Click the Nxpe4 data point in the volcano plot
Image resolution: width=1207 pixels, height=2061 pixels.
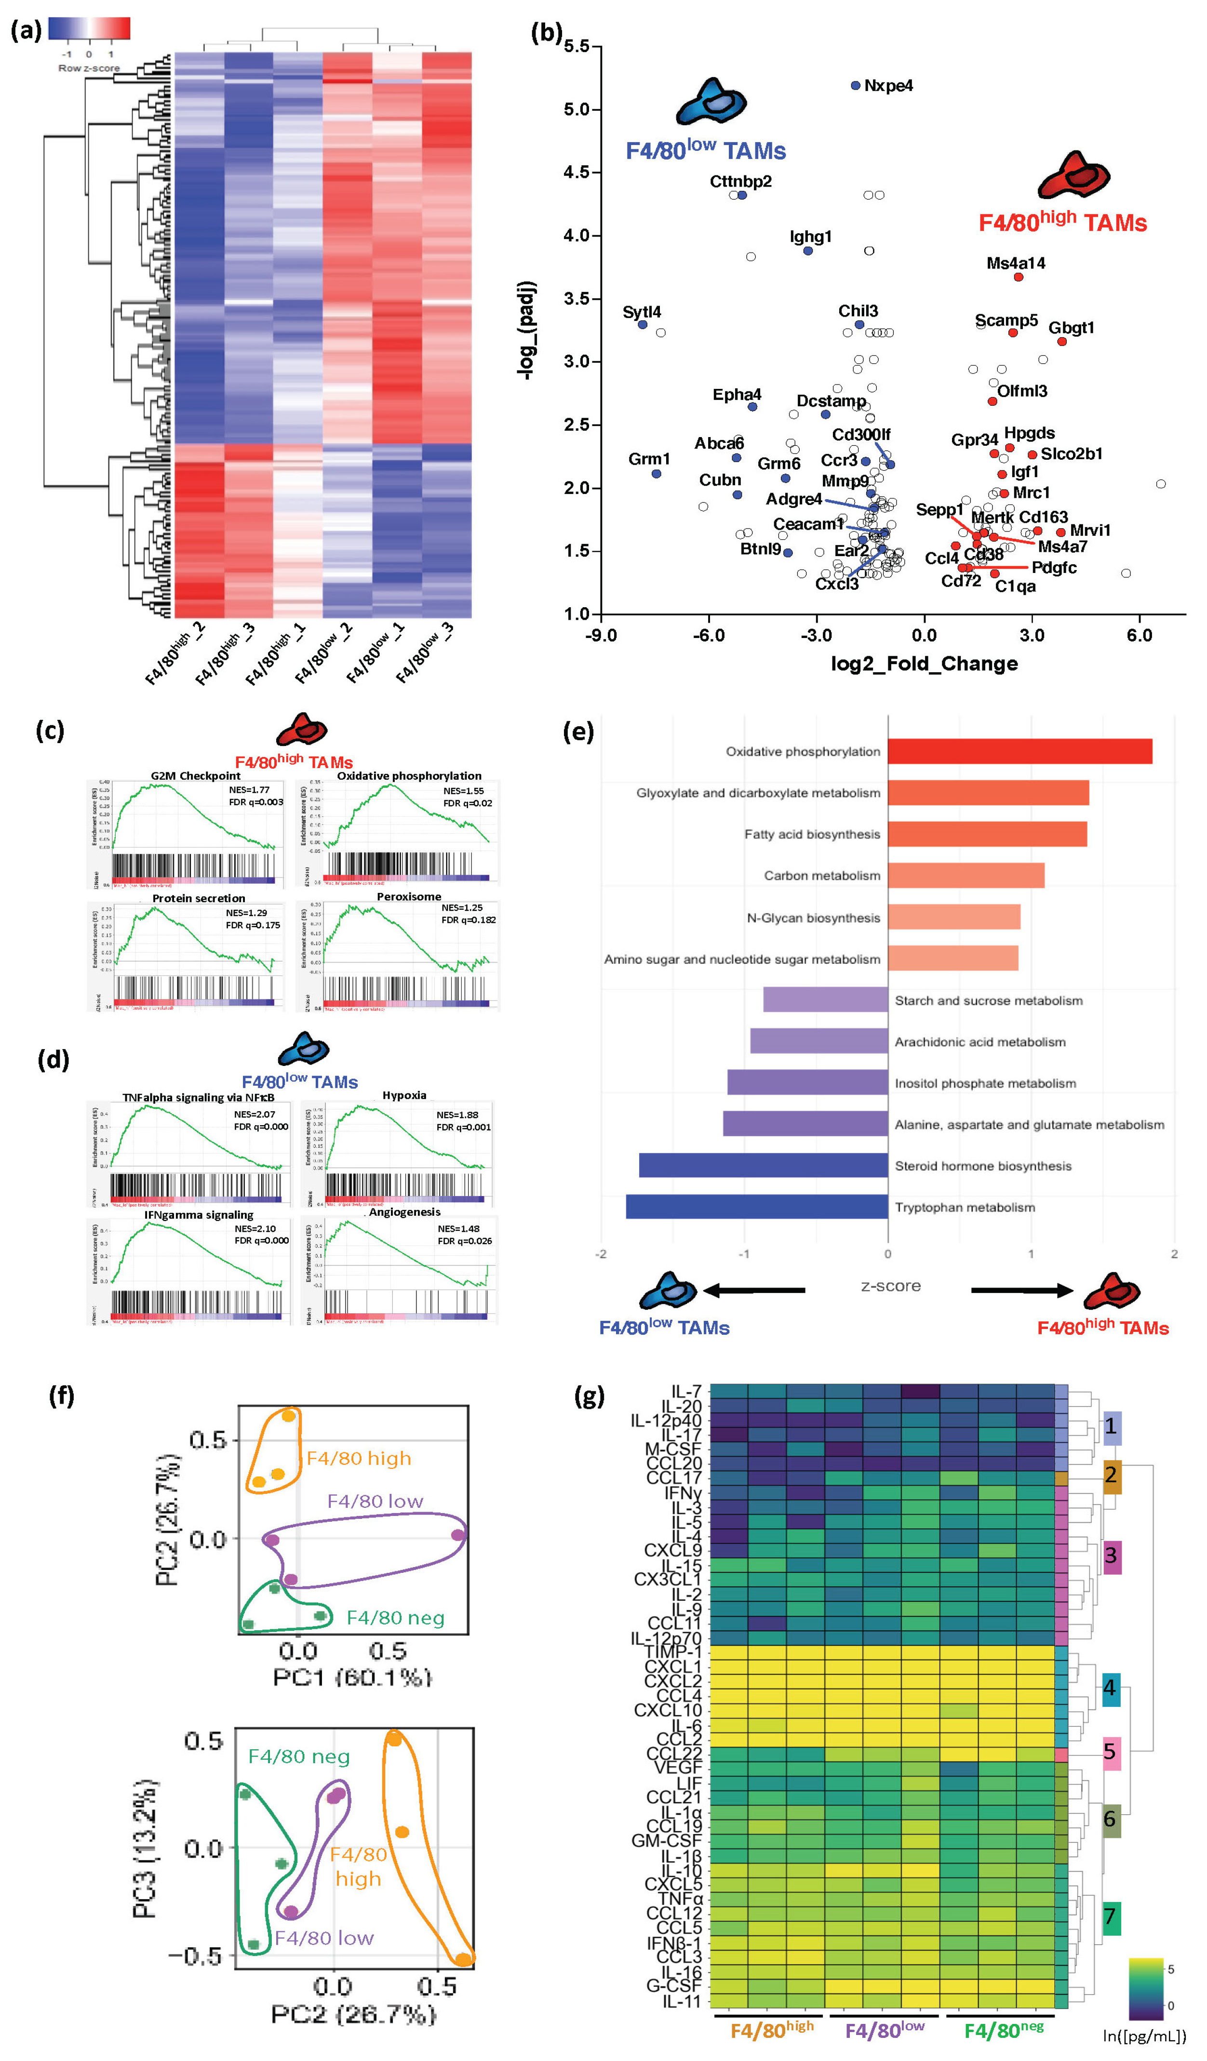click(855, 85)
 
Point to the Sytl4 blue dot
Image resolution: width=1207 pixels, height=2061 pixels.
click(643, 325)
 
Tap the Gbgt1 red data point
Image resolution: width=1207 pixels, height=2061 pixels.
click(1061, 341)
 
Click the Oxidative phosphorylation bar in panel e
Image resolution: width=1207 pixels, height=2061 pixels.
click(1019, 752)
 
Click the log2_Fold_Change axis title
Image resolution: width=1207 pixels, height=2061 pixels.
click(924, 663)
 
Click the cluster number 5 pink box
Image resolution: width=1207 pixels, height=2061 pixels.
click(1110, 1752)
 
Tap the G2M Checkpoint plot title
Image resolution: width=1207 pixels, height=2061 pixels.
click(196, 775)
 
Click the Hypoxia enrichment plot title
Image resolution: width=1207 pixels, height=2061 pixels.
click(404, 1095)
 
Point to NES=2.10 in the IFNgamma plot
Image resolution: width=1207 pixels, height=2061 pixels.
click(255, 1228)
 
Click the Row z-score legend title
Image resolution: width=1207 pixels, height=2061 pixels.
click(88, 68)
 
